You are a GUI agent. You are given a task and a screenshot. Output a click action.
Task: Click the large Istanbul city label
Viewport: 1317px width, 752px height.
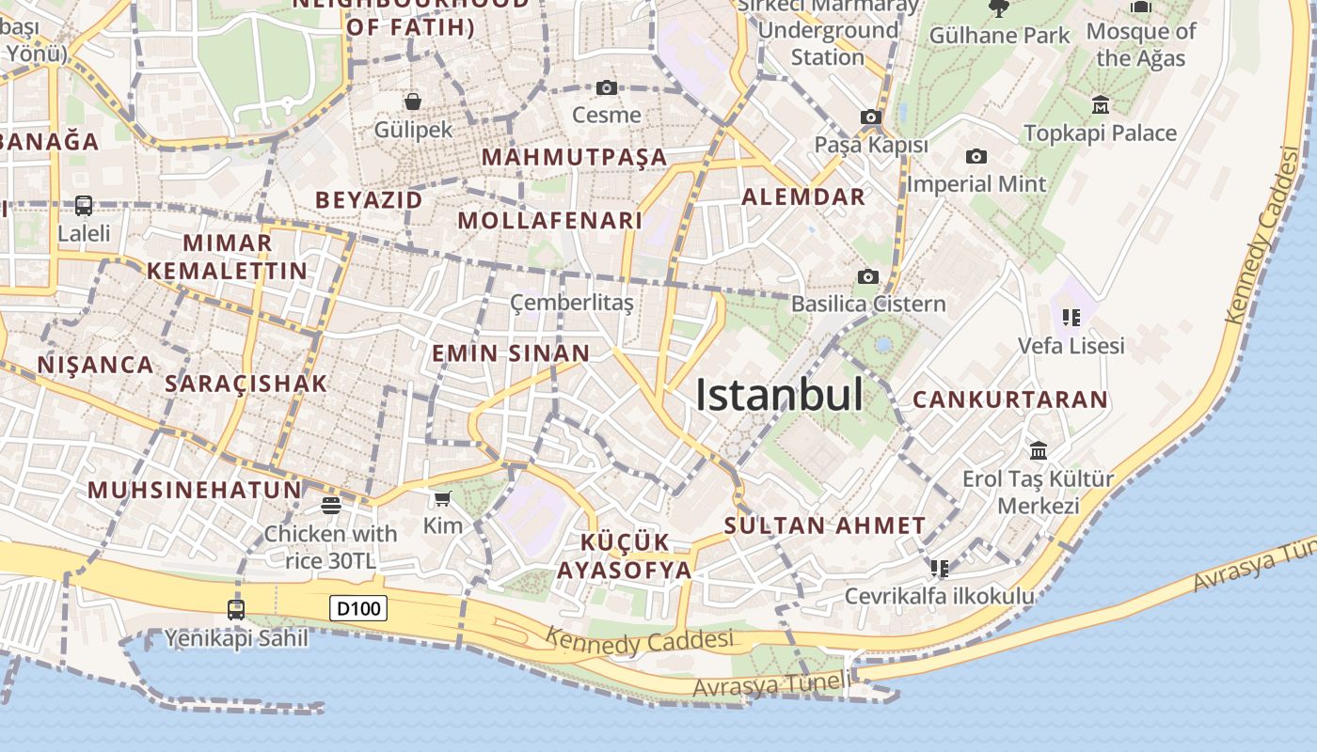point(779,395)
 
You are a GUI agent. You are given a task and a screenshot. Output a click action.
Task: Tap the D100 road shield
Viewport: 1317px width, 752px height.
point(358,609)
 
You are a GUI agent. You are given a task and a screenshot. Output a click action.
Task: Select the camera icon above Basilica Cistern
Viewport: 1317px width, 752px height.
point(867,276)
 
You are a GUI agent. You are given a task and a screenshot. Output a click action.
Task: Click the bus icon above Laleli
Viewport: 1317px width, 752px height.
point(84,205)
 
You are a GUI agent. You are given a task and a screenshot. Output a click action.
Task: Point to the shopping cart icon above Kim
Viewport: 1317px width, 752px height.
point(442,498)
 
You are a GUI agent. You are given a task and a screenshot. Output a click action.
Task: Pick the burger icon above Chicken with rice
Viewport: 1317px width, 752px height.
point(330,506)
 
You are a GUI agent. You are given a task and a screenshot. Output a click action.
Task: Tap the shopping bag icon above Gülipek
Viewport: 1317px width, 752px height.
point(412,102)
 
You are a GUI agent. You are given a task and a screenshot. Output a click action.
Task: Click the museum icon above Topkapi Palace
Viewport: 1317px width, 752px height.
point(1100,104)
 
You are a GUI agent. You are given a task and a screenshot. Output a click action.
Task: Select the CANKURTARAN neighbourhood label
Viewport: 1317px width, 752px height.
point(1010,399)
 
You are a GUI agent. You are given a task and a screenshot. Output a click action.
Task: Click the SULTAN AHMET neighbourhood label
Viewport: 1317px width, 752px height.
point(825,525)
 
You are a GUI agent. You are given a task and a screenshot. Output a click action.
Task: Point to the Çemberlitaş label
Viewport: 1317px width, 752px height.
point(572,303)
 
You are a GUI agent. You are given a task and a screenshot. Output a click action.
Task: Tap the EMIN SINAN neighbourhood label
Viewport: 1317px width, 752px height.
point(511,353)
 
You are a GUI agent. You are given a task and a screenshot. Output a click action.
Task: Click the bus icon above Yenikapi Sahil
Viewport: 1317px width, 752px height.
point(236,609)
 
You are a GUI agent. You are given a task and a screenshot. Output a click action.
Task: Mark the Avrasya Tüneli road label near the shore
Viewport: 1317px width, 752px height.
point(771,685)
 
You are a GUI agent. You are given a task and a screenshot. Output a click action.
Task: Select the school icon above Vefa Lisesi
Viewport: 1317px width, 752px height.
point(1071,318)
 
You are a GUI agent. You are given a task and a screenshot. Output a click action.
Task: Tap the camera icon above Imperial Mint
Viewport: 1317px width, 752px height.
point(976,156)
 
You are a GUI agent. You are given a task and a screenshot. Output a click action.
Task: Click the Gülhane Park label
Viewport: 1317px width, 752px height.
point(999,36)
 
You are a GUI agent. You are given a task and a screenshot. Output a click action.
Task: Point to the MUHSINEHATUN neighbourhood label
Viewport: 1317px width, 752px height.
point(195,490)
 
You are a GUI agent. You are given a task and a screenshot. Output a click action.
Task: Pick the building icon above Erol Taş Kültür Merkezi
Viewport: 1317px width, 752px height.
point(1039,451)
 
